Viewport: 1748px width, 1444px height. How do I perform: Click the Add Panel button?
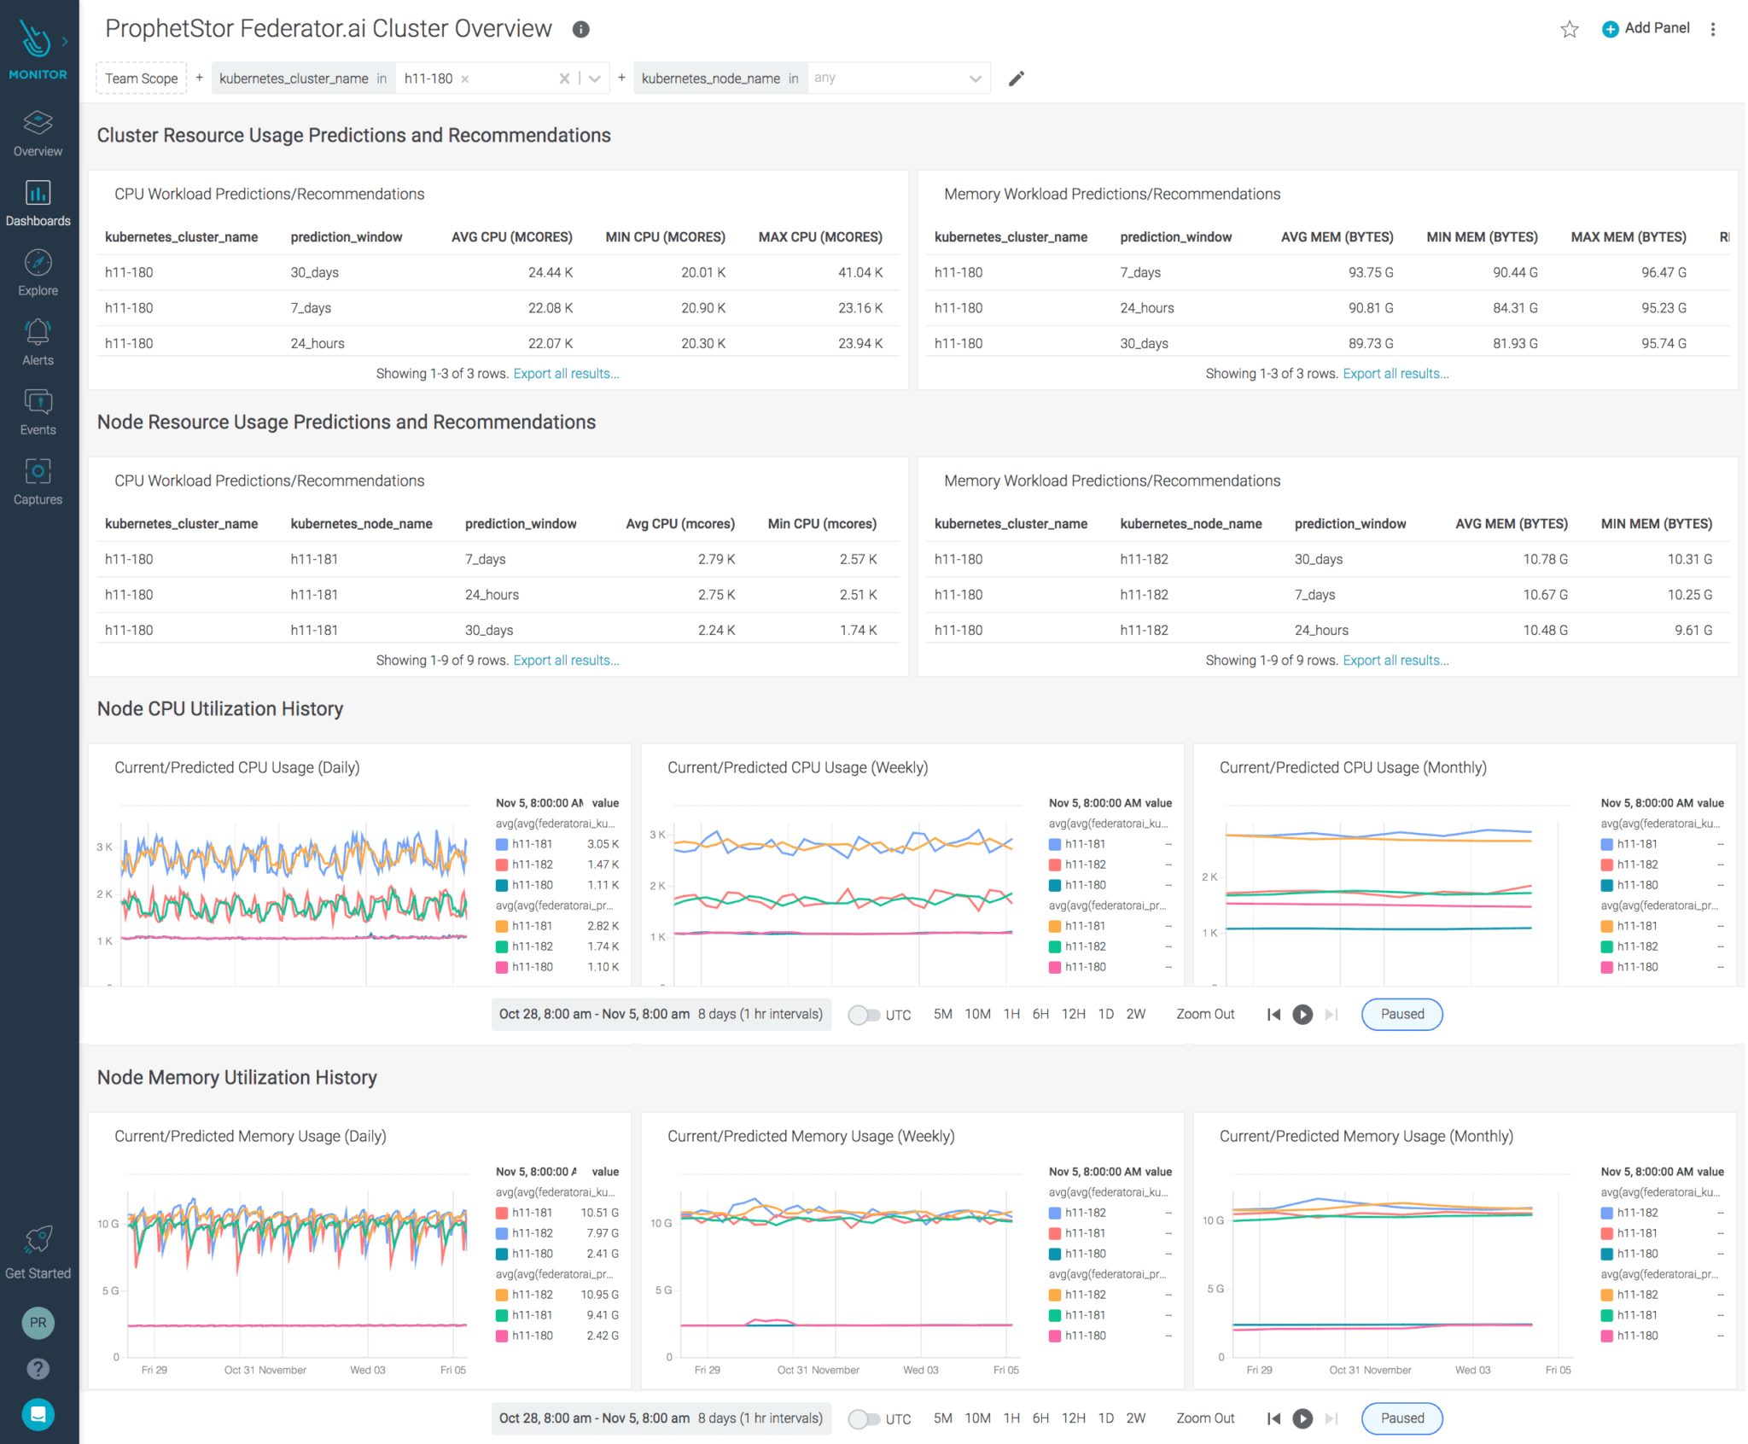[x=1646, y=28]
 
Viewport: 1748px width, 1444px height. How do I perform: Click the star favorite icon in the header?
[x=1569, y=29]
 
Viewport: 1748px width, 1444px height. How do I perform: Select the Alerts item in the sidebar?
[x=38, y=342]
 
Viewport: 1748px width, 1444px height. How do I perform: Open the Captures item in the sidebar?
[x=38, y=481]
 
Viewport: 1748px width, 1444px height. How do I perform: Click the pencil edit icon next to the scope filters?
[x=1016, y=79]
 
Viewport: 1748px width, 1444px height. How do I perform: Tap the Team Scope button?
[x=142, y=79]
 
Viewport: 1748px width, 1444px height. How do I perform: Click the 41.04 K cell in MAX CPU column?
[x=859, y=272]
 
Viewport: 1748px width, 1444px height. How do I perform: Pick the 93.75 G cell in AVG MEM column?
[x=1370, y=272]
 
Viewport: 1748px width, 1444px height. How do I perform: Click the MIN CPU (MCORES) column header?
[x=665, y=236]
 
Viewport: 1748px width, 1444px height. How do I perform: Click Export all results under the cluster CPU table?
[x=566, y=374]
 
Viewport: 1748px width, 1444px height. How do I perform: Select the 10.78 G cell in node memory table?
[x=1545, y=559]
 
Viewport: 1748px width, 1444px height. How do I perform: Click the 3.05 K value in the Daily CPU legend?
[x=603, y=844]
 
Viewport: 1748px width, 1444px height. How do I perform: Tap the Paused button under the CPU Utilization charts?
[x=1401, y=1014]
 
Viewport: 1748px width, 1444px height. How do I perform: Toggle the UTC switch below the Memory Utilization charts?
[x=863, y=1418]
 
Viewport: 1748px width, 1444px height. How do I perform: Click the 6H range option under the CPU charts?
[x=1040, y=1014]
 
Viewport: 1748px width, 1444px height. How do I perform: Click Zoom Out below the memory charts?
[x=1204, y=1418]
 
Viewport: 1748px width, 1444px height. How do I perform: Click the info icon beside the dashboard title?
[x=580, y=29]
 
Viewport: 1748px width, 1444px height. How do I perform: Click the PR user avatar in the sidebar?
[x=38, y=1323]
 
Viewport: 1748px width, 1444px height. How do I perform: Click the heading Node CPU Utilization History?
[x=220, y=708]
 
